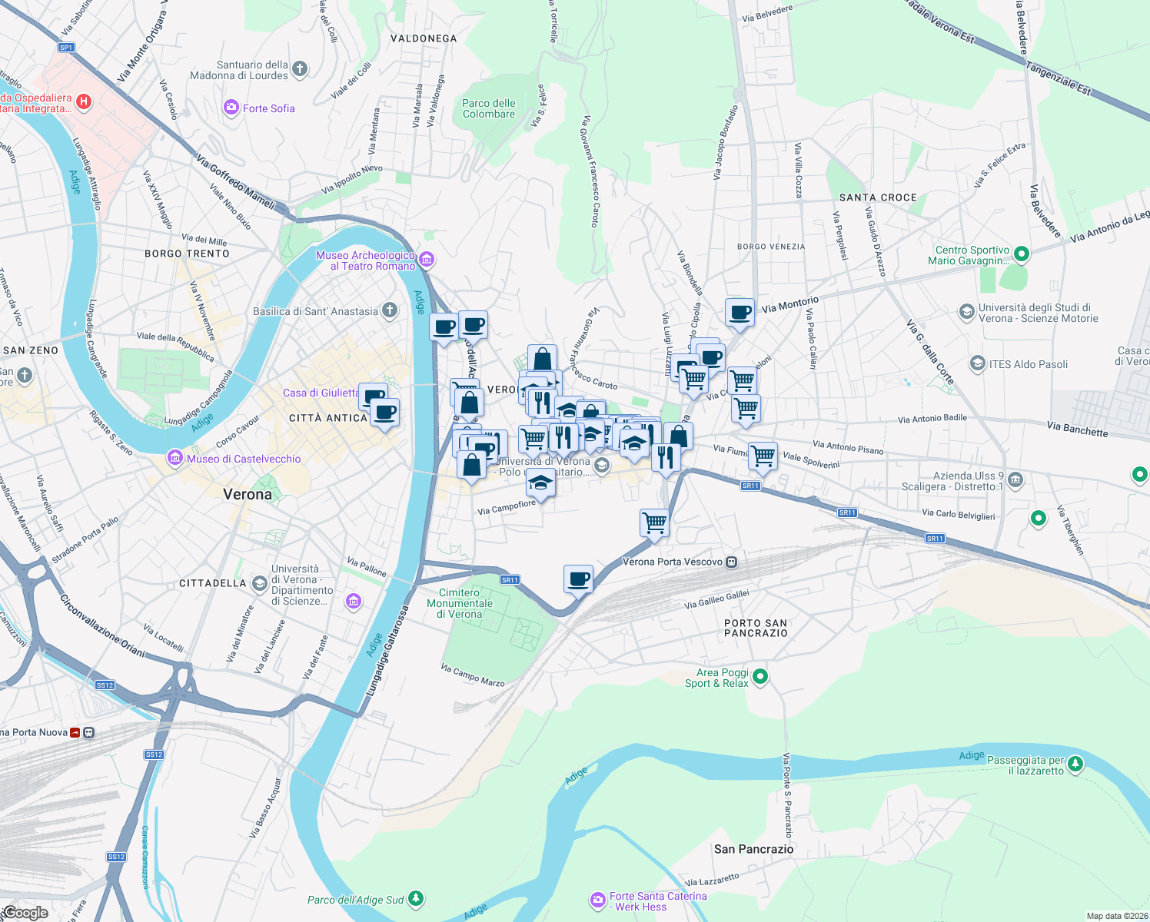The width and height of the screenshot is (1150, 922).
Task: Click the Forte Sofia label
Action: pyautogui.click(x=268, y=108)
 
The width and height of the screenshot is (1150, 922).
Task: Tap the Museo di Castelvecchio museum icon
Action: pyautogui.click(x=175, y=459)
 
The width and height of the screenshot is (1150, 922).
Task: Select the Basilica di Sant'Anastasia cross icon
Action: pyautogui.click(x=390, y=310)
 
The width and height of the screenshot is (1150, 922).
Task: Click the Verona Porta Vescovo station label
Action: pyautogui.click(x=672, y=562)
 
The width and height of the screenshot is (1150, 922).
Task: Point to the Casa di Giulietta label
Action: pyautogui.click(x=321, y=393)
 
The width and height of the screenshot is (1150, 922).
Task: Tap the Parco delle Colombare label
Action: pyautogui.click(x=489, y=108)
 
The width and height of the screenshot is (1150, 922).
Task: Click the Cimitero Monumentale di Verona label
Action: pyautogui.click(x=460, y=603)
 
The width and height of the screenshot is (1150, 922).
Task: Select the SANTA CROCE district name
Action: pyautogui.click(x=878, y=197)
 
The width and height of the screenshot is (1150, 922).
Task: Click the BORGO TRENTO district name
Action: pyautogui.click(x=187, y=254)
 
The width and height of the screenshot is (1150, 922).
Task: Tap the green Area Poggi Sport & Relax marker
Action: pyautogui.click(x=760, y=676)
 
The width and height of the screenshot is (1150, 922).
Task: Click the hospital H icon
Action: pyautogui.click(x=84, y=101)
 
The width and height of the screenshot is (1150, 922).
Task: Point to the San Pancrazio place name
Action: pyautogui.click(x=753, y=849)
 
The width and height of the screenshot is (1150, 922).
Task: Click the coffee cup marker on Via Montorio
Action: pyautogui.click(x=740, y=313)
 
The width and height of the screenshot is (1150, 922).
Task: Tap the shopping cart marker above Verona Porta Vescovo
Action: pyautogui.click(x=654, y=523)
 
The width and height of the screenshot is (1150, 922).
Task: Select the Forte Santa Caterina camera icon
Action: pyautogui.click(x=598, y=900)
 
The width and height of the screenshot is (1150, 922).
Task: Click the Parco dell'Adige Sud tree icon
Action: pyautogui.click(x=416, y=897)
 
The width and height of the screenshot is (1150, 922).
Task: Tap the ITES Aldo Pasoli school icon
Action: pyautogui.click(x=977, y=363)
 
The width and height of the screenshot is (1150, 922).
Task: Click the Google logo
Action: pyautogui.click(x=25, y=913)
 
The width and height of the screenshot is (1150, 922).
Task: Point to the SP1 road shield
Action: pyautogui.click(x=66, y=48)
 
